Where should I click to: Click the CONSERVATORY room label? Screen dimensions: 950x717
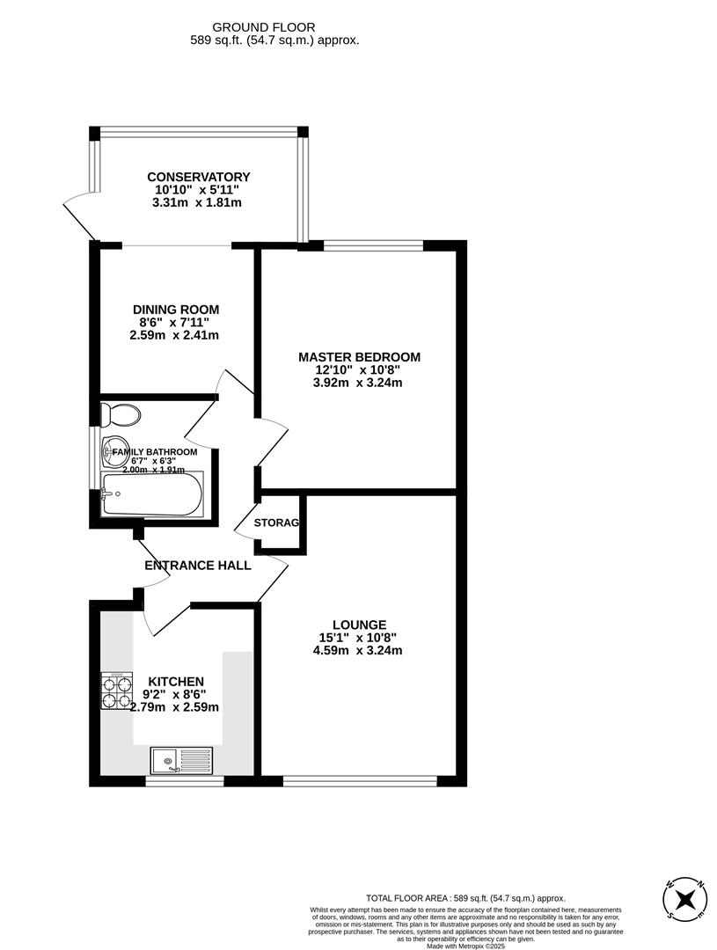[x=198, y=177]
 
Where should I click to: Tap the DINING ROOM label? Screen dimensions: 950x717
[x=176, y=310]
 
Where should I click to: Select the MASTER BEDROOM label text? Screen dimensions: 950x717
[x=359, y=357]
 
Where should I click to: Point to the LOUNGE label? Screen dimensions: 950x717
[x=359, y=625]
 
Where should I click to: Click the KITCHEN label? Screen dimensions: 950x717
[x=176, y=682]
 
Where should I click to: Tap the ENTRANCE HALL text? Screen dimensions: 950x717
[x=198, y=566]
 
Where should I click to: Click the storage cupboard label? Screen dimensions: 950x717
[x=276, y=523]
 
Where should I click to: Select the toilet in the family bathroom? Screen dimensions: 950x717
[x=120, y=413]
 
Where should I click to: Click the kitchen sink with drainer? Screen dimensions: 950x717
[x=181, y=758]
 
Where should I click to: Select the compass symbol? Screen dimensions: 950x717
[x=685, y=898]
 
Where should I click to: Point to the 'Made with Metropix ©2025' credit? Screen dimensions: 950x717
[x=466, y=946]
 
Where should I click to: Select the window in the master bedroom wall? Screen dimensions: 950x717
[x=373, y=245]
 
